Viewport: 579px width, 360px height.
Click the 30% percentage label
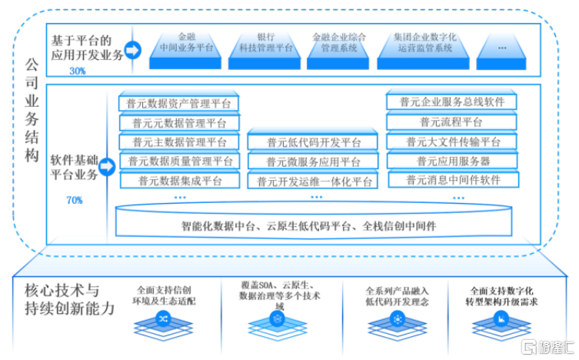pyautogui.click(x=78, y=71)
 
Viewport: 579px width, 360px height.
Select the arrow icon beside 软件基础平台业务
pyautogui.click(x=107, y=163)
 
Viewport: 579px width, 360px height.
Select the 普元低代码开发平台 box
pyautogui.click(x=312, y=142)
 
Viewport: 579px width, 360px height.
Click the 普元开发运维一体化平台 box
pyautogui.click(x=312, y=182)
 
